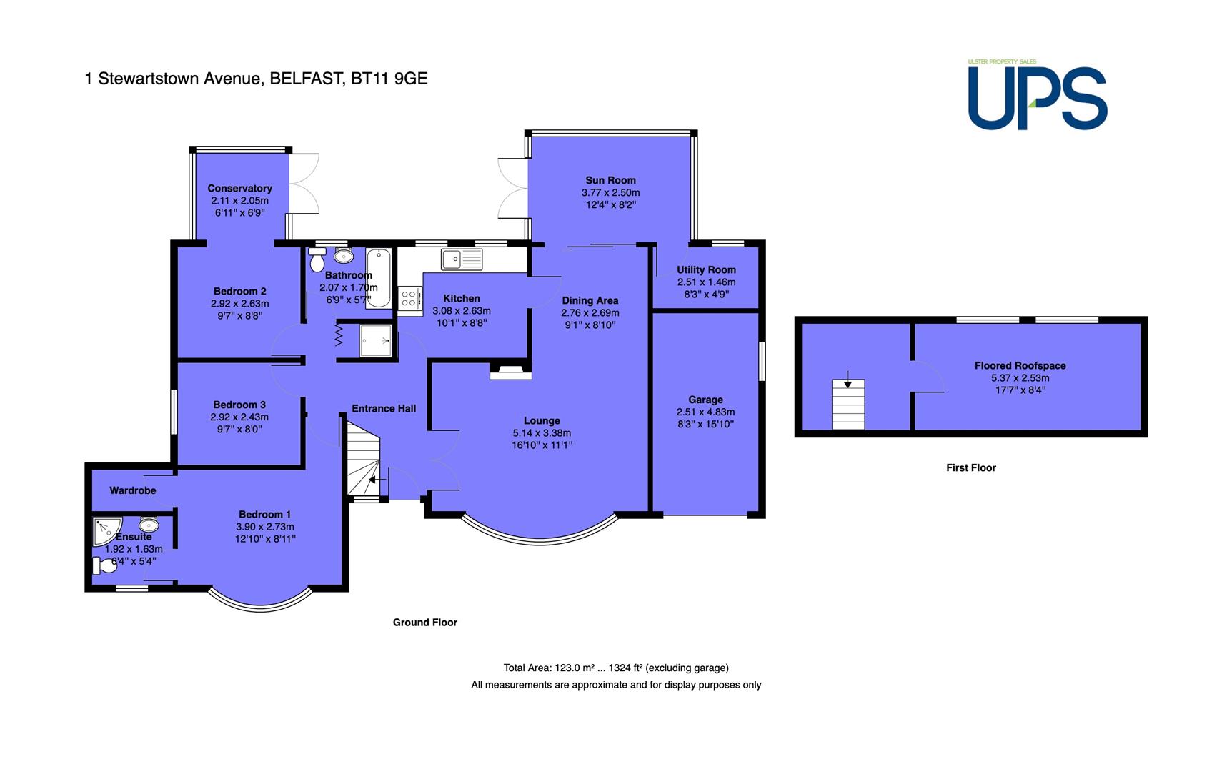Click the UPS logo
[1038, 95]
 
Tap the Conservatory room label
[240, 188]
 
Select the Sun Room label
[610, 180]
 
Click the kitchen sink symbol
[462, 259]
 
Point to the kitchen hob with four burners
[409, 298]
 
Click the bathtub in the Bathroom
[379, 278]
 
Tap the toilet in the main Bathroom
[317, 259]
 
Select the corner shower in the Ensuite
[107, 532]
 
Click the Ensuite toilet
[105, 565]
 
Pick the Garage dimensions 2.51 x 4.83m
[705, 412]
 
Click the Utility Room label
[706, 269]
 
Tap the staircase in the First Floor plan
[848, 404]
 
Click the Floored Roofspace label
[1020, 365]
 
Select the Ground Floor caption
[425, 622]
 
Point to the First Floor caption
[970, 467]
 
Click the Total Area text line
[616, 668]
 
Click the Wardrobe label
[133, 490]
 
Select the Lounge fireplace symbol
[510, 371]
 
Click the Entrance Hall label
[384, 408]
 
